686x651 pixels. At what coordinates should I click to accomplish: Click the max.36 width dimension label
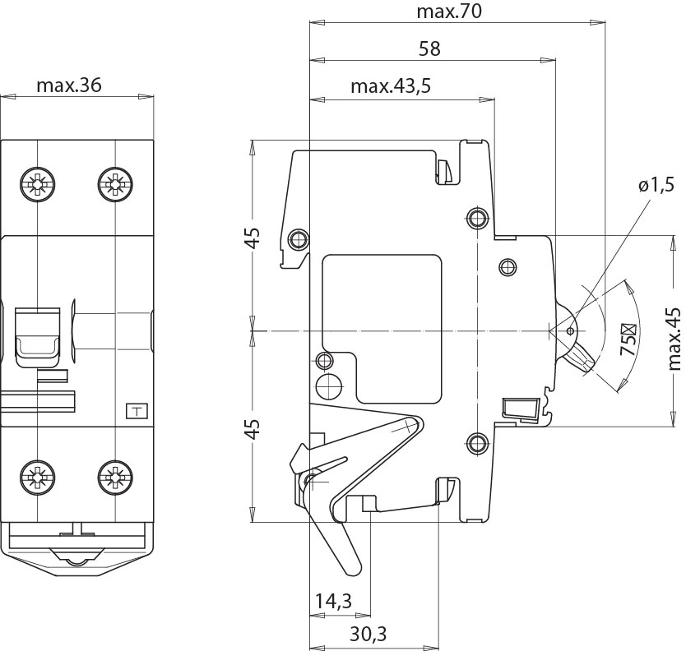69,86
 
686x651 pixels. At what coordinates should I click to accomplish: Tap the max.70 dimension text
447,12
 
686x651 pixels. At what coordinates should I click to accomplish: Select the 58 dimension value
429,48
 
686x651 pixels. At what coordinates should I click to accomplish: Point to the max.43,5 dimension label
391,86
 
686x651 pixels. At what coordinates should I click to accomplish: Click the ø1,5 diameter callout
656,186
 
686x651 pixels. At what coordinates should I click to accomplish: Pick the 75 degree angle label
629,339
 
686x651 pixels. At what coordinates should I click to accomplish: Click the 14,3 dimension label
332,602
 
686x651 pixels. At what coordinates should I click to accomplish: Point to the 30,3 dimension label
367,634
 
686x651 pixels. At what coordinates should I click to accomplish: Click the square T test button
135,411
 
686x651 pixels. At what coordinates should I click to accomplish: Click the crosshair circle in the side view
333,386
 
